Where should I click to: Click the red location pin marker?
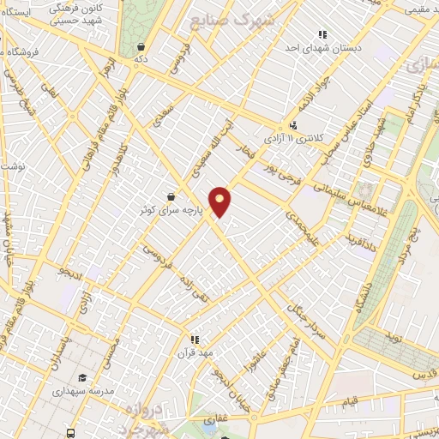point(220,201)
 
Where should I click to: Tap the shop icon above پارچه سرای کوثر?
point(171,195)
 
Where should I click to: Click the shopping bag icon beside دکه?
point(141,47)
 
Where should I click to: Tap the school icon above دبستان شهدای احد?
point(322,35)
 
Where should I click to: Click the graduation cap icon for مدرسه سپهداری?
point(82,377)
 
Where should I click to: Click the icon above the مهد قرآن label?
point(195,339)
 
